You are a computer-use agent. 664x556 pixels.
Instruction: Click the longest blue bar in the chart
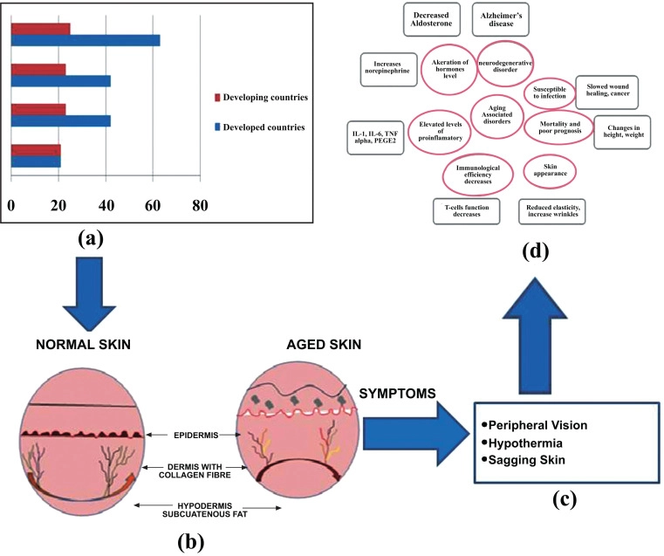(x=86, y=40)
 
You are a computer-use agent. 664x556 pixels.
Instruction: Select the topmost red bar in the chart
(x=41, y=29)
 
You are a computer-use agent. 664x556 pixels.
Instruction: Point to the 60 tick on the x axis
(x=153, y=206)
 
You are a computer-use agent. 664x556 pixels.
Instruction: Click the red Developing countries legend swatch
(x=217, y=98)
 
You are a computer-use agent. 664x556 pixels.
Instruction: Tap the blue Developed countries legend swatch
(x=217, y=127)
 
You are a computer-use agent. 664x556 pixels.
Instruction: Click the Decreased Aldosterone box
(x=431, y=19)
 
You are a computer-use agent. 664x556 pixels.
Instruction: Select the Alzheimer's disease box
(x=501, y=19)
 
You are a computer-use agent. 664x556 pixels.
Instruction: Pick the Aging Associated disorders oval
(x=497, y=115)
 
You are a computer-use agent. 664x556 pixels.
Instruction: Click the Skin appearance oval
(x=550, y=171)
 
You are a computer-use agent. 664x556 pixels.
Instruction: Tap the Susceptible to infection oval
(x=549, y=93)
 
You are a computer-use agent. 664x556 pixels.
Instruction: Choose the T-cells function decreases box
(x=466, y=211)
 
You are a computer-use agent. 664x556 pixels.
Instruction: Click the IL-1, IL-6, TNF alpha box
(x=375, y=138)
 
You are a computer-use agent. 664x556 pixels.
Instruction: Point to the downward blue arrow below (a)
(x=89, y=293)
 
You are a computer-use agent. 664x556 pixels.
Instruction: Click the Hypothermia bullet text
(x=525, y=443)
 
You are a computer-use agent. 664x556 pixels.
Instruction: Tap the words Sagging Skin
(x=527, y=460)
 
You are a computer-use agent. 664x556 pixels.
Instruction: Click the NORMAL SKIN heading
(x=84, y=345)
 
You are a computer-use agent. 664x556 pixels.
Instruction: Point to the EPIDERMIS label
(x=196, y=435)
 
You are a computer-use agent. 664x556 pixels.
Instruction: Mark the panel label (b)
(x=190, y=542)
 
